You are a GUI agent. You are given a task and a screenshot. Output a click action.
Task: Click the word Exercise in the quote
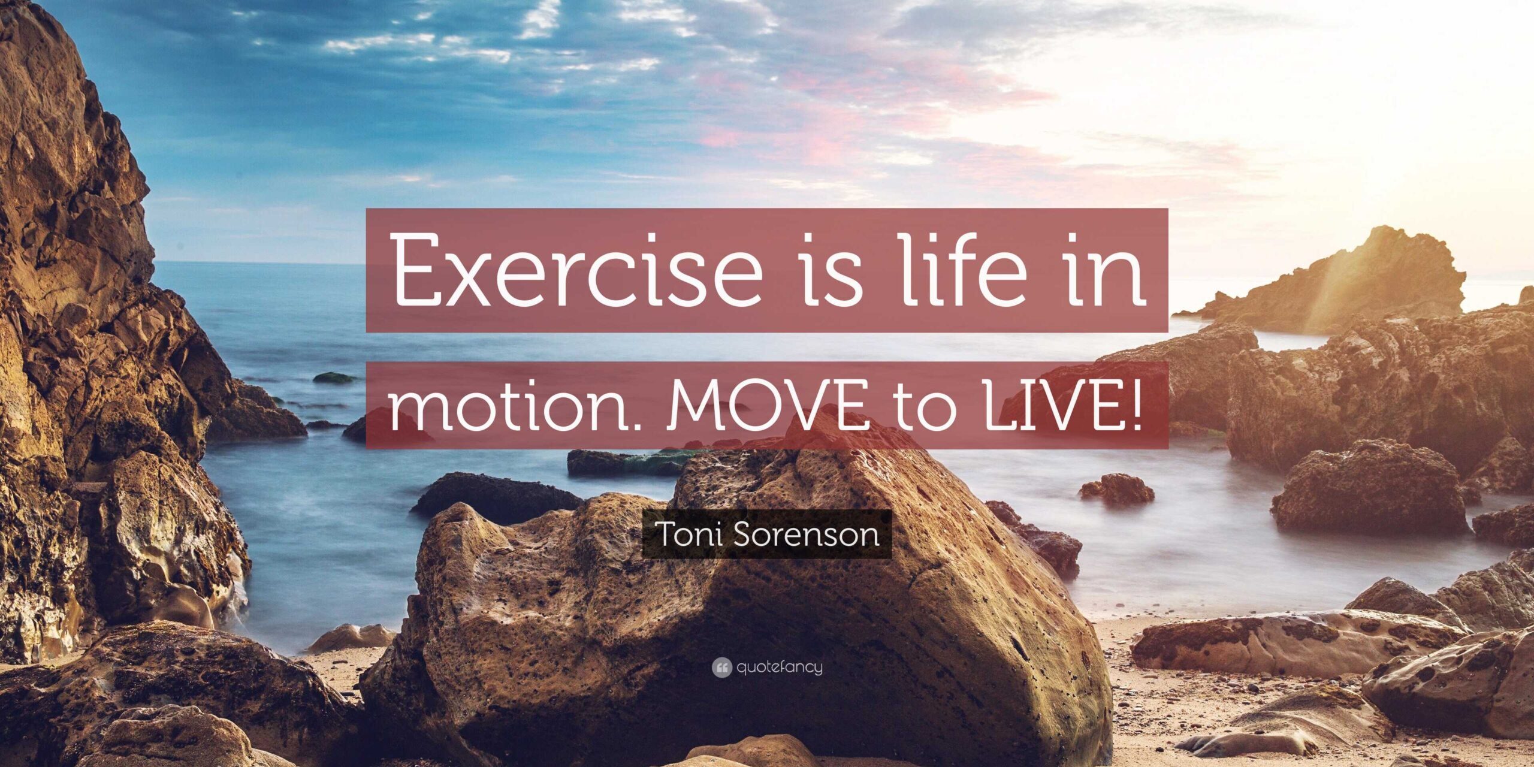point(578,270)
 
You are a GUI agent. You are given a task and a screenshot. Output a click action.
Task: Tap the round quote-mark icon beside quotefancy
point(722,668)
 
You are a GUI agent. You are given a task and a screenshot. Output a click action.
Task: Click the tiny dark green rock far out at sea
point(334,378)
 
